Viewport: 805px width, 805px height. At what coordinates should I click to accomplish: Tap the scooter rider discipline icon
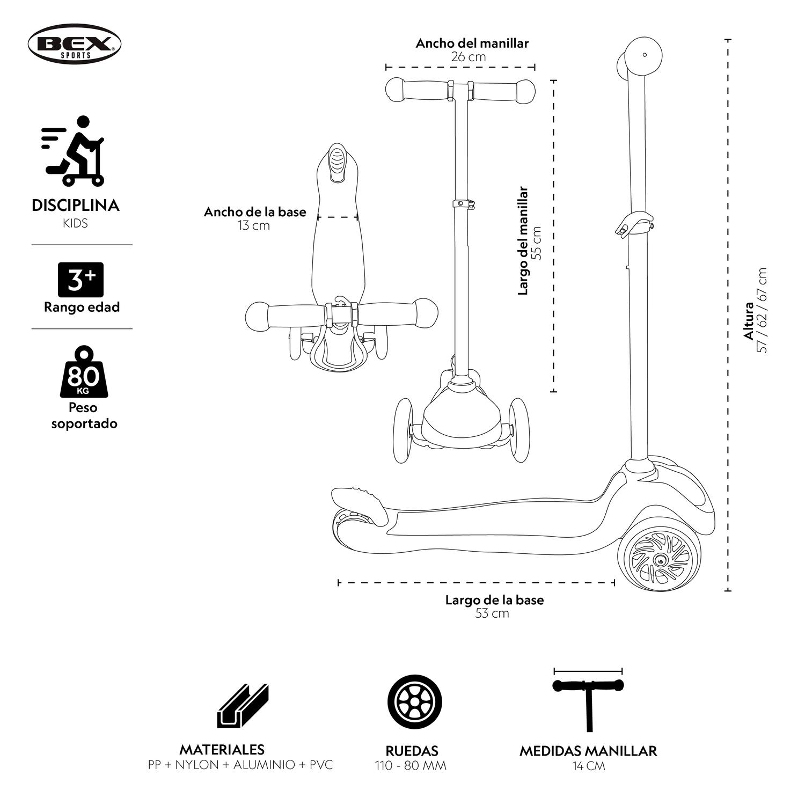(74, 151)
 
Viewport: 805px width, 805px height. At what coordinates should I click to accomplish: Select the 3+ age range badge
(80, 279)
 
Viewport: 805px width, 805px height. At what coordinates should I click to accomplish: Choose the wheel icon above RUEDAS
(415, 702)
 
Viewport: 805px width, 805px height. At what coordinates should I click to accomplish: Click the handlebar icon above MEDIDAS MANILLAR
(589, 703)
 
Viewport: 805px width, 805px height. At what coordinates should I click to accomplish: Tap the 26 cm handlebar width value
(468, 57)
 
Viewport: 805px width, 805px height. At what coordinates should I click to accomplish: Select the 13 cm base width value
(254, 225)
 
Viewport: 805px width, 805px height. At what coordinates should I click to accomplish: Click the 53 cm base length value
(492, 613)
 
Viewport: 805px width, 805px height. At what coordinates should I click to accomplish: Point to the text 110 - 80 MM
(411, 765)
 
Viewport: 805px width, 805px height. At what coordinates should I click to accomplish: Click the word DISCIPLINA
(76, 206)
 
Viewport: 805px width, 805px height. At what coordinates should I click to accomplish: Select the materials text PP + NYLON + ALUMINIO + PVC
(240, 765)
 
